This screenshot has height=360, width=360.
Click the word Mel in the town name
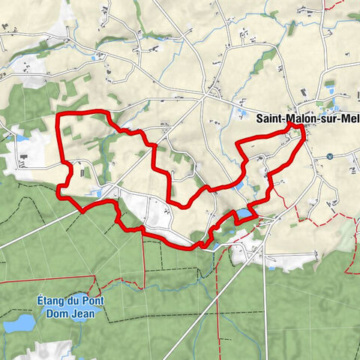click(350, 118)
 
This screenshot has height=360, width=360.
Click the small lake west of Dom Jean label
click(18, 323)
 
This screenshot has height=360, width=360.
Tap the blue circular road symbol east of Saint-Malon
click(330, 157)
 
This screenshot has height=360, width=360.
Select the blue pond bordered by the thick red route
click(245, 216)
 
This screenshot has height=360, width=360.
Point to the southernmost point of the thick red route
click(201, 246)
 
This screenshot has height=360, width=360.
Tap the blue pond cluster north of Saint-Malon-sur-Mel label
click(331, 91)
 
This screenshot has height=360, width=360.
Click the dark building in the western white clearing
click(24, 158)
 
